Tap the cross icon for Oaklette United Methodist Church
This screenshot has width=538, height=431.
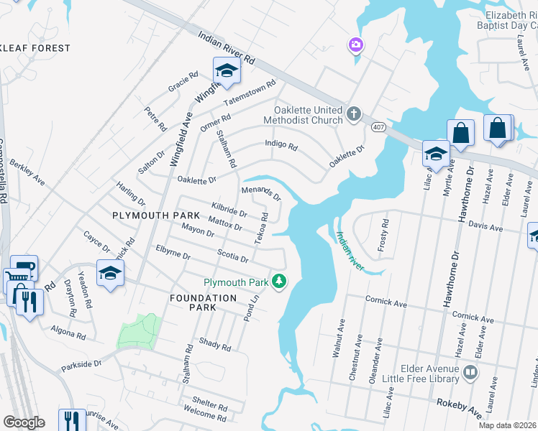pos(353,113)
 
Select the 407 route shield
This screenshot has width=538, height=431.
pos(378,126)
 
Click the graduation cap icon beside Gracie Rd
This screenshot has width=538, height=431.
pos(226,71)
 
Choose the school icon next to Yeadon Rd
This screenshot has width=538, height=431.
pos(110,274)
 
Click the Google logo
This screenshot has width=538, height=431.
pos(23,422)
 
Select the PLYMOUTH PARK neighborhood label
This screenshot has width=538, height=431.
pos(150,215)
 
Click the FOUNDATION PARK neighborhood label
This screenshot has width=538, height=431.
pos(203,302)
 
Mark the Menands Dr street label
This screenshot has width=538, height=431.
pos(260,193)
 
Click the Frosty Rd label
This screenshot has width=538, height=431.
pos(383,235)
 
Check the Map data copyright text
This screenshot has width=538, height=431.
pos(507,425)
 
